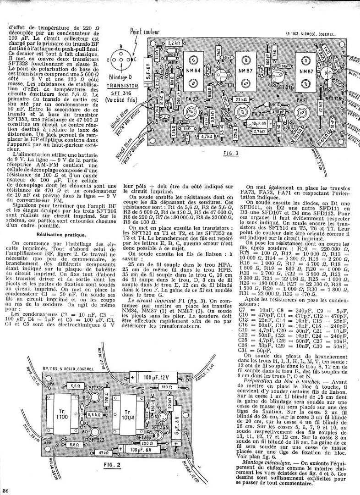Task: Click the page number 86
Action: tap(6, 491)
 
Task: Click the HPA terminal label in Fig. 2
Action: tap(51, 382)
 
